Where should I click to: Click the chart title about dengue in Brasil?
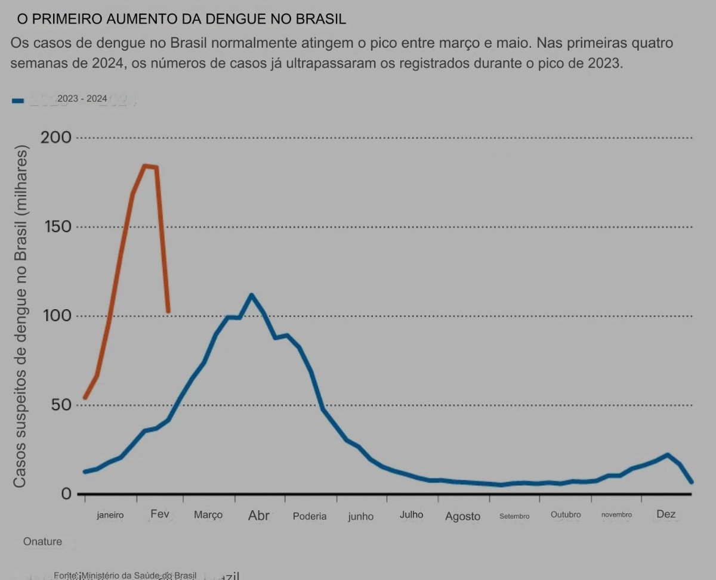[181, 19]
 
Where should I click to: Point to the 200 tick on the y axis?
[56, 138]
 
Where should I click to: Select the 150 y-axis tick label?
[57, 227]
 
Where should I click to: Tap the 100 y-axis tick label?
[57, 316]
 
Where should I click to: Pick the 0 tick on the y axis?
[66, 494]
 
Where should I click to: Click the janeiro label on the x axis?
[110, 515]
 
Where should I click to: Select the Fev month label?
[160, 514]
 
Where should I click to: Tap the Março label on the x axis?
[208, 515]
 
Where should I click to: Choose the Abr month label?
[259, 515]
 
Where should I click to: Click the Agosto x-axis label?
[462, 516]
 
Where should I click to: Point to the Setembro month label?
[514, 516]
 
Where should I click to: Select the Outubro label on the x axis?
[566, 514]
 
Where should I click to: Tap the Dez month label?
[666, 514]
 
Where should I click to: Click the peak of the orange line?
[145, 166]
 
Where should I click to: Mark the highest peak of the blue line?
[251, 295]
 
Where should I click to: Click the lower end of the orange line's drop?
[168, 311]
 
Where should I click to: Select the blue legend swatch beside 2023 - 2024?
[18, 101]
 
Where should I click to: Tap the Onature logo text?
[42, 542]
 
